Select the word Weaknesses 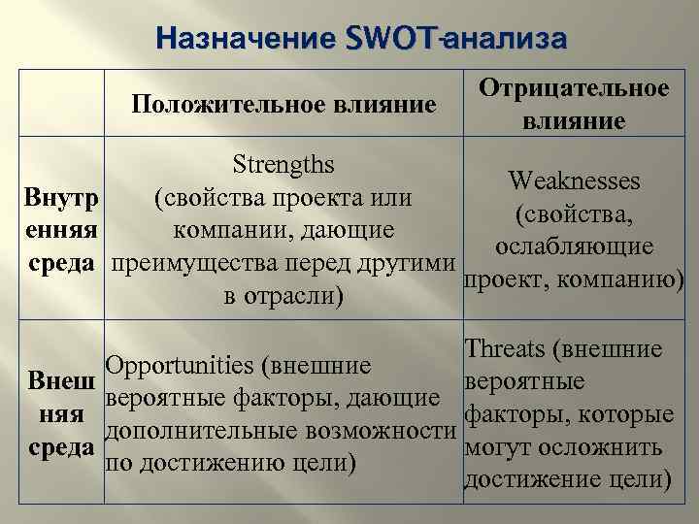point(574,181)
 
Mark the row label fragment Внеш point(61,378)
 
